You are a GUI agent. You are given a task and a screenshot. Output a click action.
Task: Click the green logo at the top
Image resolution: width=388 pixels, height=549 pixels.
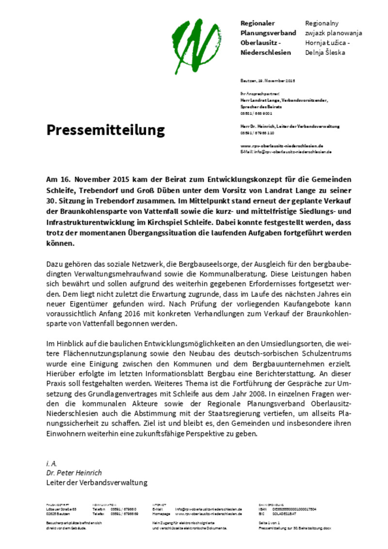pos(196,46)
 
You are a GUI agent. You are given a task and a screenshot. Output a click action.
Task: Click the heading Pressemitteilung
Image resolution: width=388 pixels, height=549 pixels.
pos(105,130)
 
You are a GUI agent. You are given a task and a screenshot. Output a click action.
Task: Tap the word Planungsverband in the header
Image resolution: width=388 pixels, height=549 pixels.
pos(268,33)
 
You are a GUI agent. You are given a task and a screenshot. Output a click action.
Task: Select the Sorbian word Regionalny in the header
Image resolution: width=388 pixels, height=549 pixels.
pos(322,23)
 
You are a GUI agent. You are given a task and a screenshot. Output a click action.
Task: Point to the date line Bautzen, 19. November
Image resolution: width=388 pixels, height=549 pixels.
pos(267,81)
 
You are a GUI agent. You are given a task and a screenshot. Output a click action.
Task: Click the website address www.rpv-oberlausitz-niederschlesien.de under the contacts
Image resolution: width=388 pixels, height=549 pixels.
pos(281,145)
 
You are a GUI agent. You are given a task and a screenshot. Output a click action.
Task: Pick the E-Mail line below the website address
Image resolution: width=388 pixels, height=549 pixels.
pos(286,152)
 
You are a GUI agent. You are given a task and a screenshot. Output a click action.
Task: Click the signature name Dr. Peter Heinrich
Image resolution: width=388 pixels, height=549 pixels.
pos(74,472)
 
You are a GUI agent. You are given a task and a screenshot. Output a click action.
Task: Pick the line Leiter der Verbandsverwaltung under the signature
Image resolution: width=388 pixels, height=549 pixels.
pos(97,483)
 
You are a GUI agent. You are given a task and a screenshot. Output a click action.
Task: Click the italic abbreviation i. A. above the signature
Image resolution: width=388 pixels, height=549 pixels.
pos(52,463)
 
